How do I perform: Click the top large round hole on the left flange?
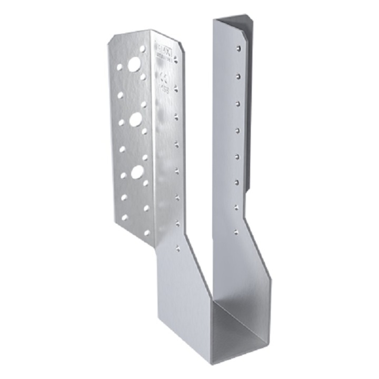[x=134, y=65]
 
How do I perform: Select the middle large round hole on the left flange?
[x=135, y=119]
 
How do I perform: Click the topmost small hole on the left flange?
[x=143, y=51]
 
